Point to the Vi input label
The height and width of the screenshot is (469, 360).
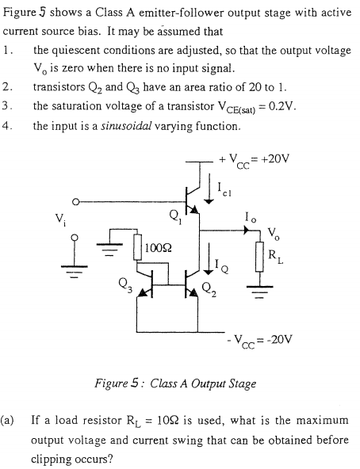click(56, 217)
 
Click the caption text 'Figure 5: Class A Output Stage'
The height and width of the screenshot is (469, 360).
click(175, 384)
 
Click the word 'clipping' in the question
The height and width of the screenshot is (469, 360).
click(50, 457)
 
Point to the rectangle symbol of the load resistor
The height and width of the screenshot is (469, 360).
click(255, 254)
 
